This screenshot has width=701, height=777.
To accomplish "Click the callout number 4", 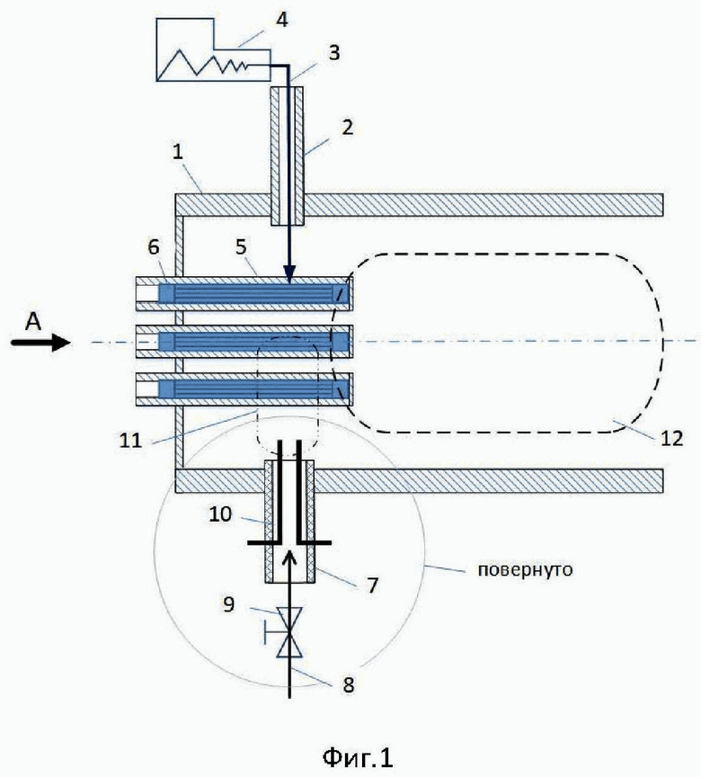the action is tap(281, 21).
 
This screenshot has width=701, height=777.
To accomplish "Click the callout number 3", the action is tap(334, 52).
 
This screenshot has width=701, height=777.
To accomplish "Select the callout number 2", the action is tap(348, 127).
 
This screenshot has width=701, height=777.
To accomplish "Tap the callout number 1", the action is tap(178, 152).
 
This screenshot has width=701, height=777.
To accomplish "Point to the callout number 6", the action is tap(154, 246).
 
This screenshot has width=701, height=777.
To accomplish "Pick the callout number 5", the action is tap(241, 246).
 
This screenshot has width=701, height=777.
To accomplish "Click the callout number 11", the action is tap(130, 440).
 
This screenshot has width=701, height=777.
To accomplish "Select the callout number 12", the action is tap(672, 438).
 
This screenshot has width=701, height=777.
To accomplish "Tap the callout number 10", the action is tap(220, 514).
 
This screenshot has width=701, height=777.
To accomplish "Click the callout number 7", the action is tap(372, 585).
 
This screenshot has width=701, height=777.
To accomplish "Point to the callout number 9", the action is tap(228, 604).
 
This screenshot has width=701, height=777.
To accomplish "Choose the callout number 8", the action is tap(349, 685).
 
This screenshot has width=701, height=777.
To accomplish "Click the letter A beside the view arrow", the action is tap(33, 323).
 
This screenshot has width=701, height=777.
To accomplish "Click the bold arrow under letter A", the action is tap(40, 343).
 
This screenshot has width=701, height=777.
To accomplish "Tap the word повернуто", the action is tap(525, 570).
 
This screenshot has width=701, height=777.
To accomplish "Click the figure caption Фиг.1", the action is tap(358, 756).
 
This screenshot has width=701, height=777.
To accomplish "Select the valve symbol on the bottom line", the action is tap(289, 632).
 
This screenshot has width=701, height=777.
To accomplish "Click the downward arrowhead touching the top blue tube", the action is tap(289, 274).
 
